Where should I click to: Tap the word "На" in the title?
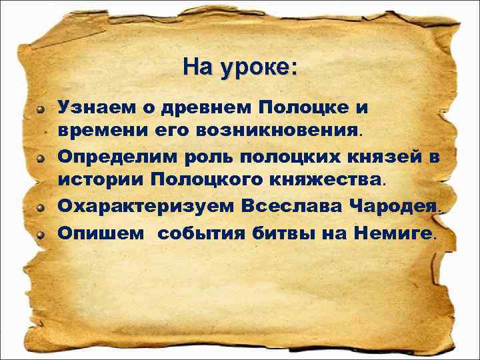tap(197, 67)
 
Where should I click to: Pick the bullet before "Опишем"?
tap(41, 233)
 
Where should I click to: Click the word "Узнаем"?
tap(96, 107)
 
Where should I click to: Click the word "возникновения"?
tap(277, 131)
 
